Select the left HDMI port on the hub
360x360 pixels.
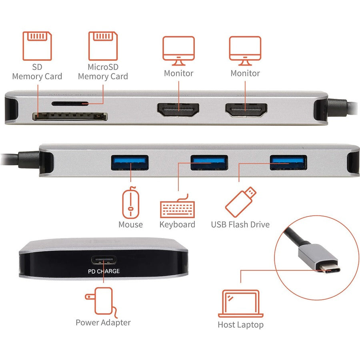[178, 110]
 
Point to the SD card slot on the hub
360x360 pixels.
[70, 117]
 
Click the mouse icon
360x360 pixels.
[130, 204]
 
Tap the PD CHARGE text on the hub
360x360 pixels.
[104, 271]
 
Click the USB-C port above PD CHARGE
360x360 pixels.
[104, 261]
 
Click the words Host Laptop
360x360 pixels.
[240, 324]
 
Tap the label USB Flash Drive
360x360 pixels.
[240, 224]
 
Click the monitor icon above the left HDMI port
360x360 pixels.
[178, 50]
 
